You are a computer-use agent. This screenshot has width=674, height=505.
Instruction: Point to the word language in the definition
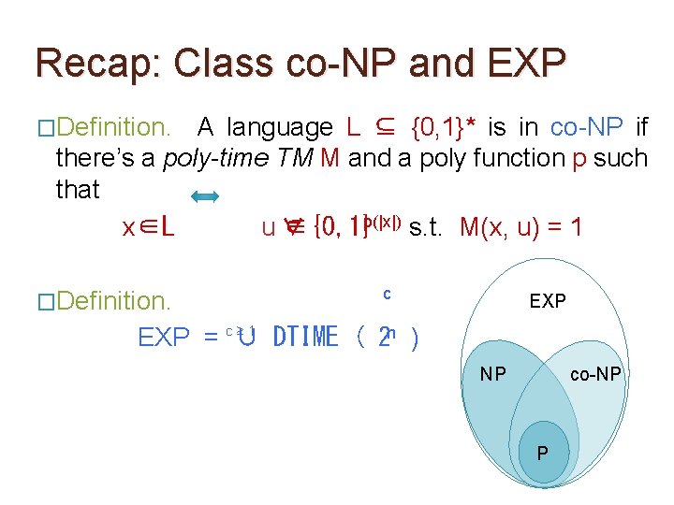click(x=280, y=126)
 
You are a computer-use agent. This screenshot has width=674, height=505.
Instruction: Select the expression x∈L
click(x=149, y=227)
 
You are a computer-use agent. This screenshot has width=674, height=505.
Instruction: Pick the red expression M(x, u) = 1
click(x=521, y=227)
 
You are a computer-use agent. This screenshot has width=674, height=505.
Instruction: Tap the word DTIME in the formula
click(x=305, y=337)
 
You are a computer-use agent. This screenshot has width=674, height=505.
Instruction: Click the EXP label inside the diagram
click(x=548, y=301)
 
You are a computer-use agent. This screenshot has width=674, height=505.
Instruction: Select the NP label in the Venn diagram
click(x=493, y=374)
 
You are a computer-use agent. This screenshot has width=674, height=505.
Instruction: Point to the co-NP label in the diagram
click(x=595, y=374)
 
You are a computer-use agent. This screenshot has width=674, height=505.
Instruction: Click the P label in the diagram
click(x=544, y=453)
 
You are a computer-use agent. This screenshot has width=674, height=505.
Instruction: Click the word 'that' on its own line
click(x=78, y=190)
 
